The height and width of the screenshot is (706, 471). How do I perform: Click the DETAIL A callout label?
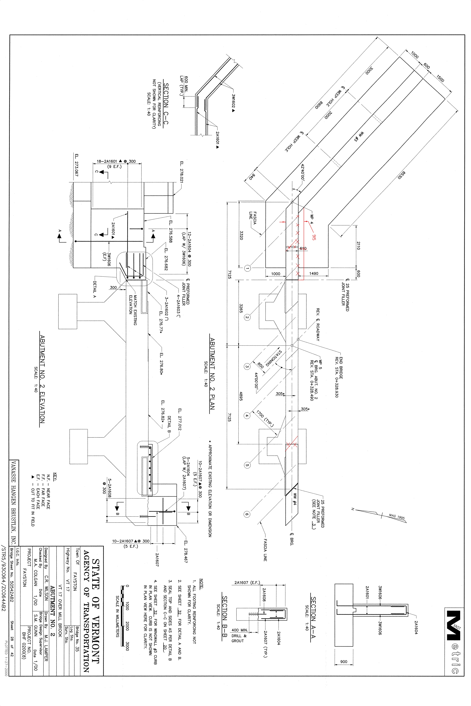click(x=95, y=287)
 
